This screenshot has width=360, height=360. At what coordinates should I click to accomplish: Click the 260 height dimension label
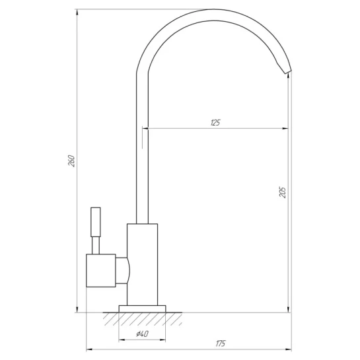[x=71, y=161]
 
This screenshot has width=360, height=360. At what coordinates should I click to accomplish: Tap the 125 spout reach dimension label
[x=215, y=123]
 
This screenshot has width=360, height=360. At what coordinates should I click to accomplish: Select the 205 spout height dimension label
[x=283, y=192]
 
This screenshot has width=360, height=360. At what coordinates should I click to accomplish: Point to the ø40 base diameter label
[x=142, y=334]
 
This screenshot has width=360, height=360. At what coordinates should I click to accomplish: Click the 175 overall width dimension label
[x=221, y=343]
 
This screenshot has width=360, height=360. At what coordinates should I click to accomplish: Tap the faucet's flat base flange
[x=142, y=308]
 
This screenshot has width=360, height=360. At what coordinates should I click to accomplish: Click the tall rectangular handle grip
[x=96, y=222]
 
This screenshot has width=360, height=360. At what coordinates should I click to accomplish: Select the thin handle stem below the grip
[x=96, y=246]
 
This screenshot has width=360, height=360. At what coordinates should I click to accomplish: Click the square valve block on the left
[x=101, y=270]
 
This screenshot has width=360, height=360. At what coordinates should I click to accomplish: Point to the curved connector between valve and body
[x=123, y=270]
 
